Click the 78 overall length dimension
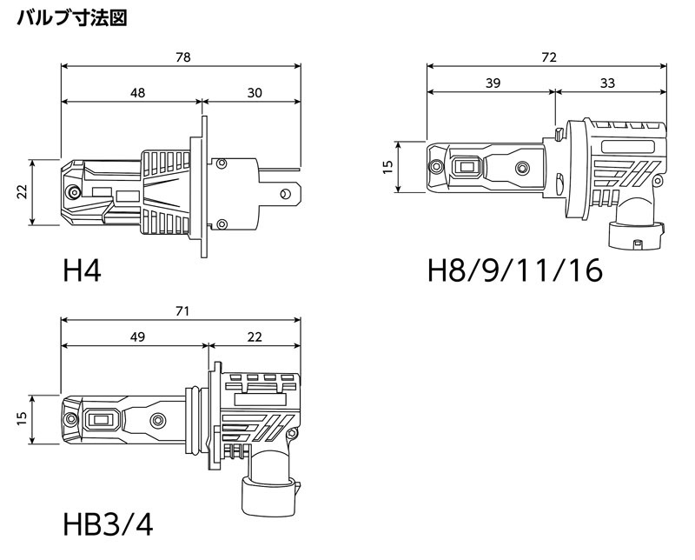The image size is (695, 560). pos(182,57)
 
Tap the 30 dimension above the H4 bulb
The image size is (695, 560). pos(253,92)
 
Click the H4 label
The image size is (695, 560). pos(83,271)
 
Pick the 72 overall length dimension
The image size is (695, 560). pos(549,57)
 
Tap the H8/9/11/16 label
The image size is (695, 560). pos(515,271)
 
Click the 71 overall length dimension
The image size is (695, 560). pos(182,310)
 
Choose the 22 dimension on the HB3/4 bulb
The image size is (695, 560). pos(254,336)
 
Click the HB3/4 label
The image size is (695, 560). pos(109,525)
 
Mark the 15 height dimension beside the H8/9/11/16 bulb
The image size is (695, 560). pos(387,167)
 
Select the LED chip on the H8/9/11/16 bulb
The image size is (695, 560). pos(468,165)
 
